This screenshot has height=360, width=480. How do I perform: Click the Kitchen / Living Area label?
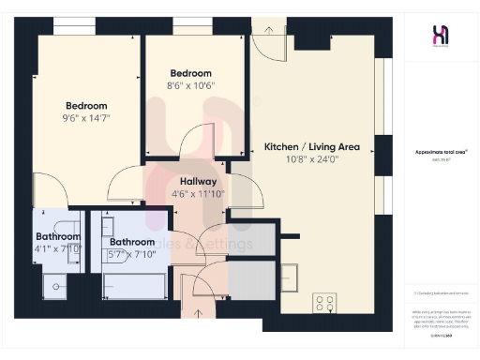[313, 147]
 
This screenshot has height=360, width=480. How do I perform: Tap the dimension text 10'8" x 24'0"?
[313, 159]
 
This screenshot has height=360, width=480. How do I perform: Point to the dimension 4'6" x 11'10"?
[197, 194]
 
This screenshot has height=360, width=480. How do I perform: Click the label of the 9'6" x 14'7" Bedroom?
[86, 106]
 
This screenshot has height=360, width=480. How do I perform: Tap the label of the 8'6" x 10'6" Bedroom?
[190, 73]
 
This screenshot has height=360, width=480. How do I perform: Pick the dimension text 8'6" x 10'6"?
[190, 85]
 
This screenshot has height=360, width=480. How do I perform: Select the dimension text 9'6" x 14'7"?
[86, 119]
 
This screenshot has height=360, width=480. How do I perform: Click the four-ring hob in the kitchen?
[324, 303]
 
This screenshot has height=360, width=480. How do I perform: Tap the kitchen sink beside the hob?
[289, 273]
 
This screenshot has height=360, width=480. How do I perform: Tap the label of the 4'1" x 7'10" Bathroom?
[58, 237]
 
